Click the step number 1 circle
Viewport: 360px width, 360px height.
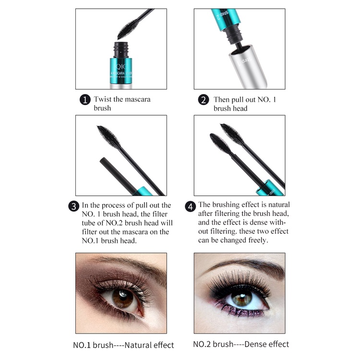(84, 100)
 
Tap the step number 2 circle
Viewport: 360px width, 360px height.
(204, 100)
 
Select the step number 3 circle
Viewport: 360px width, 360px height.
(73, 206)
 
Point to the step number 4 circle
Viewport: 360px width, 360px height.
(191, 206)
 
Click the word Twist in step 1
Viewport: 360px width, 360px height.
(102, 99)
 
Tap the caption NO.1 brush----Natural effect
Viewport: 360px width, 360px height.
(123, 345)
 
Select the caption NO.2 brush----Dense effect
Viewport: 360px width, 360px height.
(241, 344)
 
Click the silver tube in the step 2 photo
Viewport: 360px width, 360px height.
(247, 70)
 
